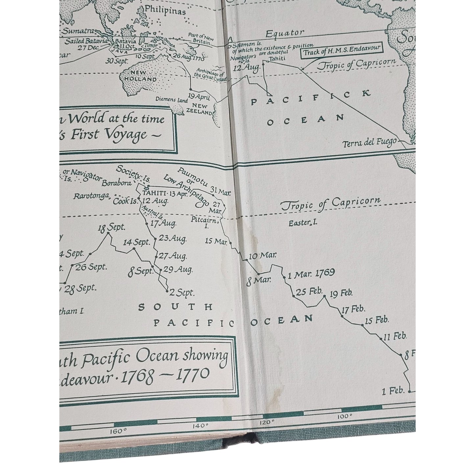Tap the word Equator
click(285, 33)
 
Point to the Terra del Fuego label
click(369, 143)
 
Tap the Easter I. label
click(303, 223)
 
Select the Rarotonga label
click(91, 196)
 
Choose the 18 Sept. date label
click(111, 227)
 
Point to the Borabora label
click(117, 183)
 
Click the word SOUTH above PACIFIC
click(176, 307)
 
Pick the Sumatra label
click(79, 32)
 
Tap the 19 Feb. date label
click(341, 293)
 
